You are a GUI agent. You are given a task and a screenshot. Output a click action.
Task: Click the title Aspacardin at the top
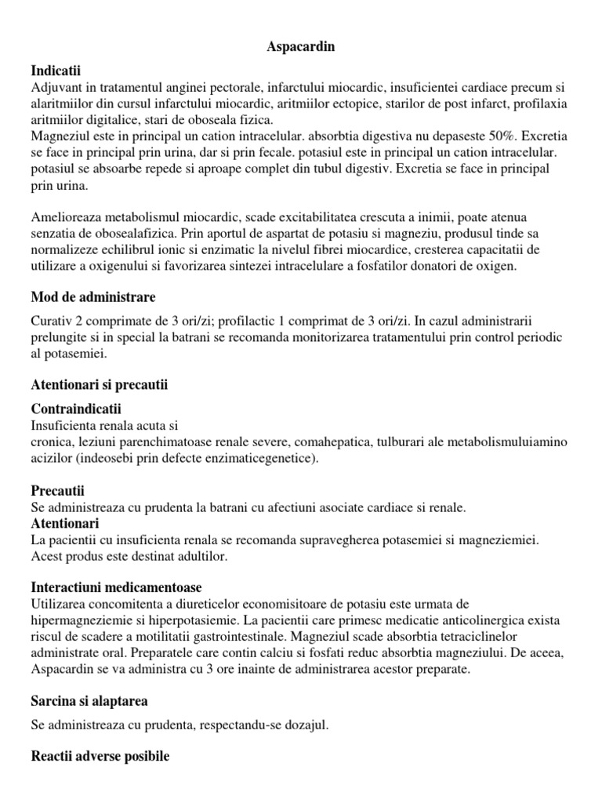(301, 47)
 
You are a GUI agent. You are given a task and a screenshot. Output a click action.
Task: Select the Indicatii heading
(56, 70)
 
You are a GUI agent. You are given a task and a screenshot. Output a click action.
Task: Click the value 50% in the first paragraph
(487, 136)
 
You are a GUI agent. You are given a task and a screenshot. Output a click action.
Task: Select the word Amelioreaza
(67, 217)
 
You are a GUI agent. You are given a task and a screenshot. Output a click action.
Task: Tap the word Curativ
(53, 322)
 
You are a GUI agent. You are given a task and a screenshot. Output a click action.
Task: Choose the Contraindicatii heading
(76, 409)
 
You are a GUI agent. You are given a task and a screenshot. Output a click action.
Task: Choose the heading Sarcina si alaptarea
(89, 700)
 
